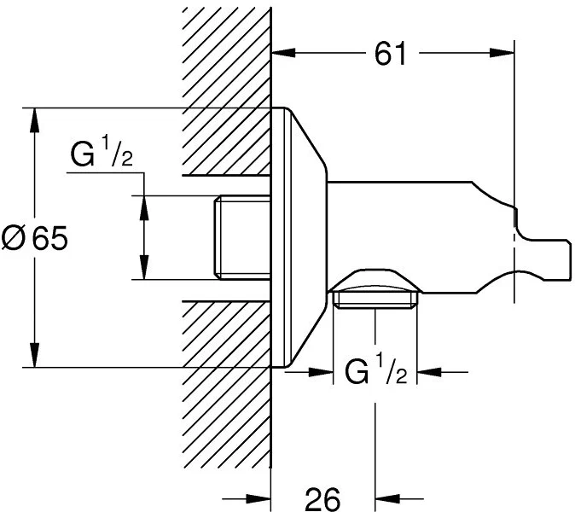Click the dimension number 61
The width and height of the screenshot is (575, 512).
tap(391, 54)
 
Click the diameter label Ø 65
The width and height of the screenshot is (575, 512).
tap(35, 238)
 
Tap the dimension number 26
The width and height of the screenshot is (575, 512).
tap(322, 499)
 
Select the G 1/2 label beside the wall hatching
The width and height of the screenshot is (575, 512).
tap(102, 154)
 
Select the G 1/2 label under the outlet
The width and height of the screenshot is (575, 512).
tap(376, 371)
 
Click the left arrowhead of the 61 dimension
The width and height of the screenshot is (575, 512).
tap(283, 53)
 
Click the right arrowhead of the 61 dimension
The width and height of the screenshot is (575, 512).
tap(502, 53)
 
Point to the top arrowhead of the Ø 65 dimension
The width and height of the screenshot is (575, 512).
tap(34, 119)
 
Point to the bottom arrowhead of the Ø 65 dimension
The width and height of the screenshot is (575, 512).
tap(34, 355)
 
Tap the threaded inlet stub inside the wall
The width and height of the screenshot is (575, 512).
tap(242, 238)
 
